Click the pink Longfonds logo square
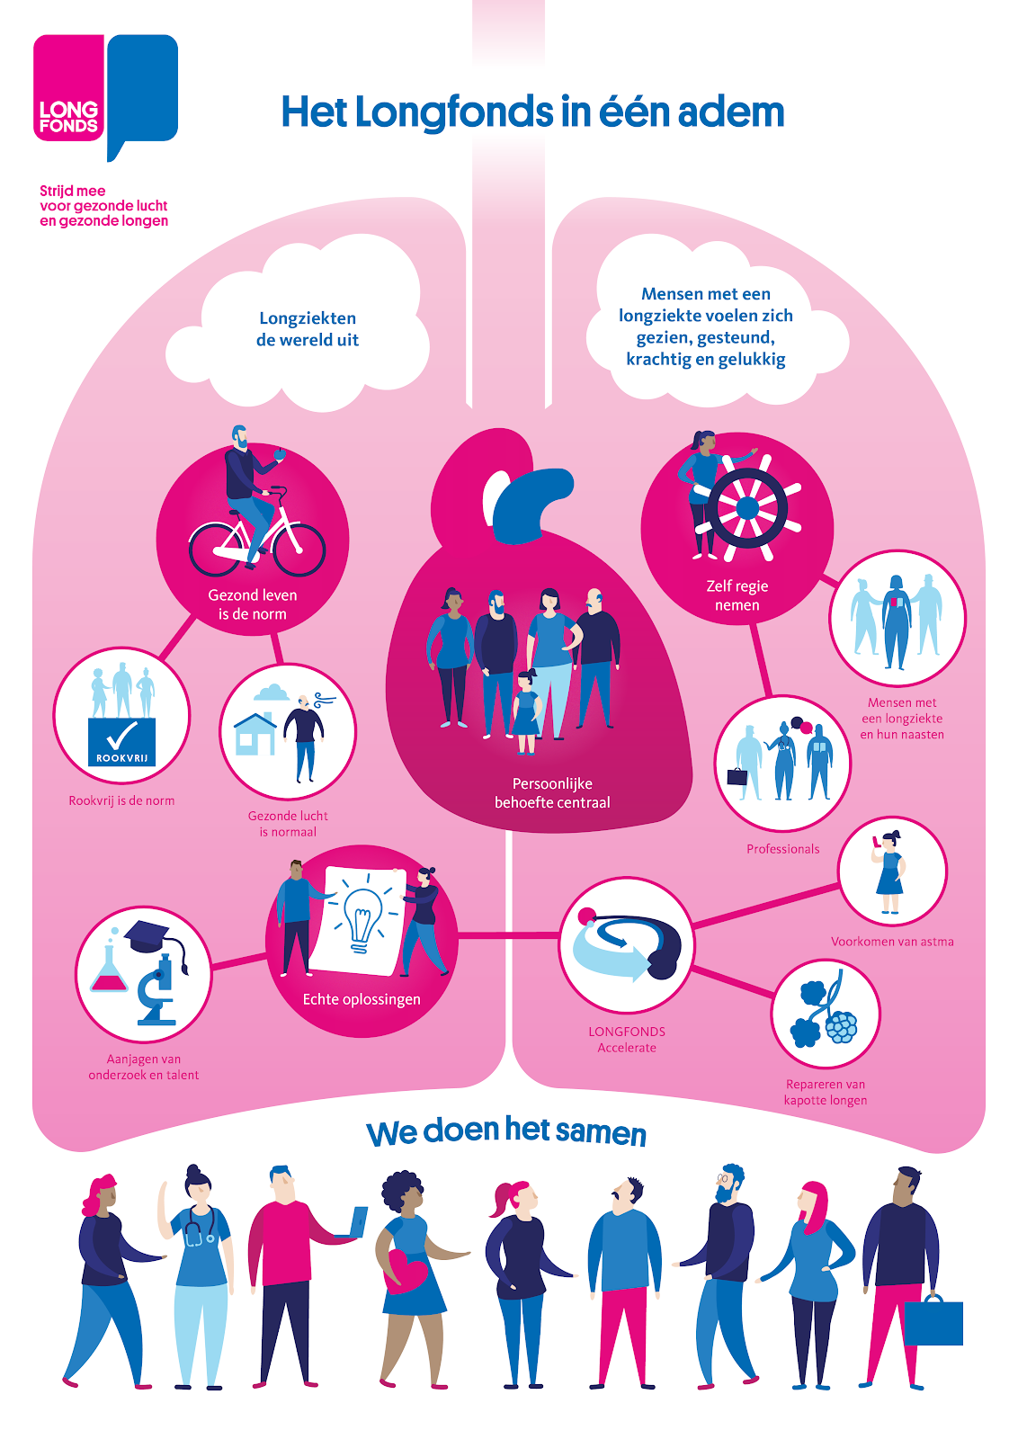(68, 87)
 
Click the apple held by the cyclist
(280, 454)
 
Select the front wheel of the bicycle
(299, 550)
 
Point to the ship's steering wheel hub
(747, 507)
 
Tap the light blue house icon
(254, 734)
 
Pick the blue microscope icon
(157, 990)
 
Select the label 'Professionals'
(783, 849)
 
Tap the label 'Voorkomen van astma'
(892, 942)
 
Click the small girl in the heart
(526, 711)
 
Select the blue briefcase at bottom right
(933, 1321)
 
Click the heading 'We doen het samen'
(506, 1132)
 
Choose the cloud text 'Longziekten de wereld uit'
(308, 329)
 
